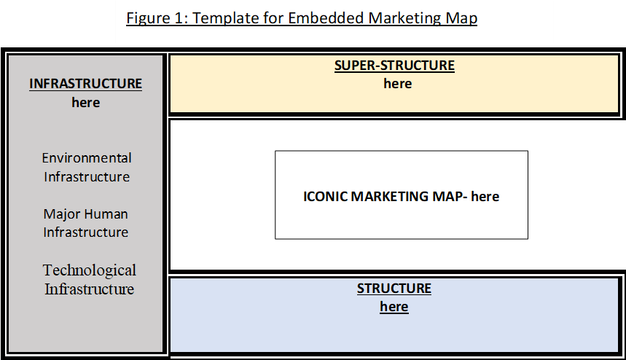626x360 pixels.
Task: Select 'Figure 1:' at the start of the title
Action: click(157, 19)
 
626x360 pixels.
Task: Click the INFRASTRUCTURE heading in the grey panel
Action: click(85, 83)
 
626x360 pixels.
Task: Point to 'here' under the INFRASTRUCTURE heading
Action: click(86, 103)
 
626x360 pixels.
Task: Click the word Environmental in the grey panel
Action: click(87, 157)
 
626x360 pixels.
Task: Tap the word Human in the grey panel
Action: click(106, 214)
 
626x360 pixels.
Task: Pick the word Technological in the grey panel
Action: click(90, 270)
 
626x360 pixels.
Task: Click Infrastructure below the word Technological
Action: click(90, 289)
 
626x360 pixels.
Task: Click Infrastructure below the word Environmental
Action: click(87, 176)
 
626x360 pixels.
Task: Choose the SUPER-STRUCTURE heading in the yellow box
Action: click(394, 66)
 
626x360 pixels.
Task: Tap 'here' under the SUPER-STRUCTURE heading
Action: click(398, 83)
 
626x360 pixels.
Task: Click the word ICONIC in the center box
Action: click(325, 196)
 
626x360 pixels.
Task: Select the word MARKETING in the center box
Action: click(389, 196)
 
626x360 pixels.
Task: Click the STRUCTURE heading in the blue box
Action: click(394, 288)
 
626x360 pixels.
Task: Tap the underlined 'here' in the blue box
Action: click(394, 307)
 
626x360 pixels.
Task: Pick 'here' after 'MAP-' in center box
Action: click(485, 196)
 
